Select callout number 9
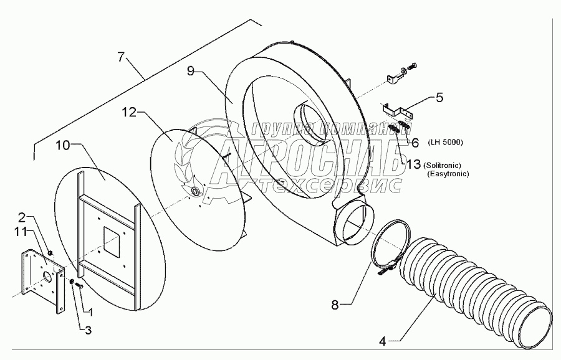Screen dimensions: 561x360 (x=195, y=71)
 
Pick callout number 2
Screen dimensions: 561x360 (x=22, y=218)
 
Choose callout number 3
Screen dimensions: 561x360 (x=88, y=329)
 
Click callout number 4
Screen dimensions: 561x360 (x=383, y=341)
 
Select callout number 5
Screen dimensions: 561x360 (x=439, y=97)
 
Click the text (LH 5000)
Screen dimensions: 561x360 (x=445, y=143)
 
